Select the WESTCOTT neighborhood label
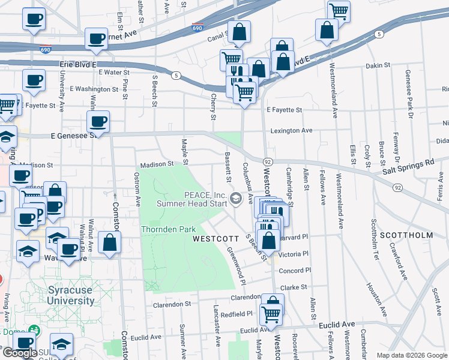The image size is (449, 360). [x=212, y=238]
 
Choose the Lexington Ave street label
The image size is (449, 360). [x=291, y=130]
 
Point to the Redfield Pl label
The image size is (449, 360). [x=237, y=314]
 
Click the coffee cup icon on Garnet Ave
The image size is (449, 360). [x=96, y=39]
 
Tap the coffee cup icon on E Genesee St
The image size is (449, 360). [x=98, y=122]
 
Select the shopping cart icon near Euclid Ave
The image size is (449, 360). [x=271, y=313]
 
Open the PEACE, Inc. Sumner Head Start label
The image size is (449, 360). [x=192, y=199]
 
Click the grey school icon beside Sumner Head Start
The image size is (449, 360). [x=237, y=198]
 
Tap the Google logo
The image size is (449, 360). [x=20, y=353]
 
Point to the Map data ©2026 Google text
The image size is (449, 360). [x=412, y=355]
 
